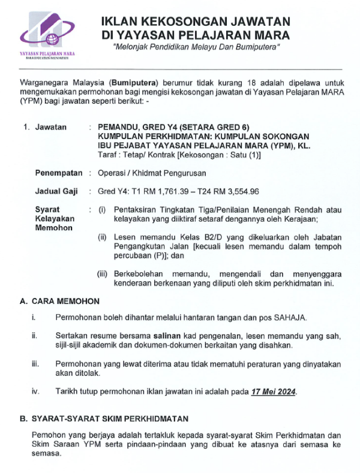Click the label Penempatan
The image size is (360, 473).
tap(59, 173)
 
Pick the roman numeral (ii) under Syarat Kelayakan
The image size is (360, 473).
tap(103, 237)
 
